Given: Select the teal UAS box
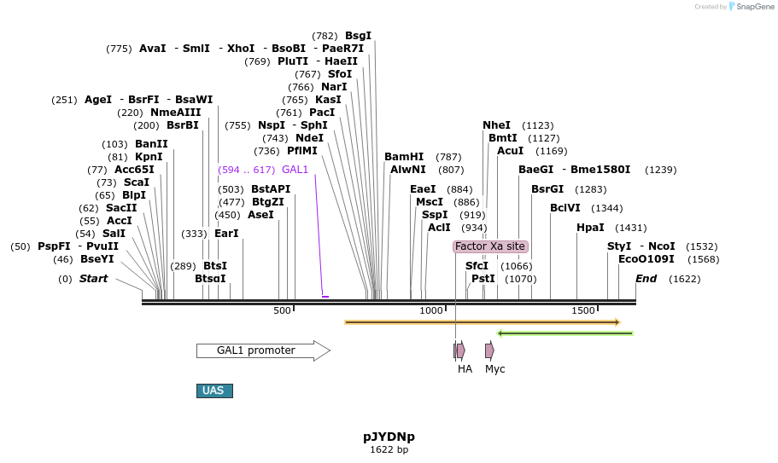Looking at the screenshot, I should click(x=214, y=391).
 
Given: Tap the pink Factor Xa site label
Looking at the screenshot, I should click(x=490, y=246).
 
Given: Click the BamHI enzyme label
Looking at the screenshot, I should click(x=404, y=157).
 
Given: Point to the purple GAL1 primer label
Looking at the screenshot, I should click(x=295, y=170).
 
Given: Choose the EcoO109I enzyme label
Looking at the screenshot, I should click(x=646, y=259).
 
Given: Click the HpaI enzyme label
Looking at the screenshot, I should click(x=590, y=228).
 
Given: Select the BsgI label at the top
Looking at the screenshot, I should click(x=359, y=36).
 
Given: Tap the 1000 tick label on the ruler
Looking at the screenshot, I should click(x=431, y=310).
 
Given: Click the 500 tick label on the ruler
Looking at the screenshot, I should click(x=282, y=310).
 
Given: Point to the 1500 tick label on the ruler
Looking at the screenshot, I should click(x=583, y=310).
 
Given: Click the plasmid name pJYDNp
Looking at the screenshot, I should click(x=389, y=437).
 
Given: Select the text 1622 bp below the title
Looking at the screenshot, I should click(x=389, y=449).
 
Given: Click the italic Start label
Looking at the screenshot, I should click(x=94, y=279).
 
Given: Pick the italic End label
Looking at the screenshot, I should click(x=646, y=279).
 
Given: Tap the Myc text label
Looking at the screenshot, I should click(x=495, y=369).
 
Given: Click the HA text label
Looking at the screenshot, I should click(x=465, y=369).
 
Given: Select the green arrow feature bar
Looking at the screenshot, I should click(x=565, y=333).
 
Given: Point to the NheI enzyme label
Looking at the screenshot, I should click(x=496, y=125).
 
